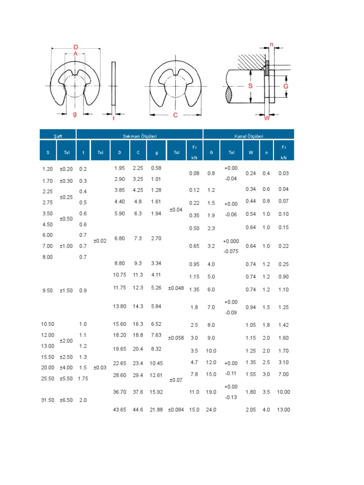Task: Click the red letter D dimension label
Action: click(x=76, y=47)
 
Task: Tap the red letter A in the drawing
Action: click(x=75, y=54)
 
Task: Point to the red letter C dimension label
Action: click(x=175, y=115)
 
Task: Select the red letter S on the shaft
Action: click(x=251, y=86)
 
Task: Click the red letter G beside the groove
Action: click(x=286, y=86)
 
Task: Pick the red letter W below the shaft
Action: click(x=267, y=118)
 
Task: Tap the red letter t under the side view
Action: click(x=114, y=118)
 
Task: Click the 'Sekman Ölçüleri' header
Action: click(x=139, y=136)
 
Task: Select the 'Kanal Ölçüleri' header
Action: click(x=248, y=136)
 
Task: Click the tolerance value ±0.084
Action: click(x=176, y=410)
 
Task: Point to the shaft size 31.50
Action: click(x=48, y=400)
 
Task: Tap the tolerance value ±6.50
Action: click(x=66, y=400)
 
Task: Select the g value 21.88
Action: click(x=156, y=410)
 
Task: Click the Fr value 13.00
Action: click(x=284, y=410)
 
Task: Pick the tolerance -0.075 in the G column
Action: click(x=231, y=251)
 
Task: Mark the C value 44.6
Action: click(x=138, y=410)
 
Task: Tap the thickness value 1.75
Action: click(x=83, y=378)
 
